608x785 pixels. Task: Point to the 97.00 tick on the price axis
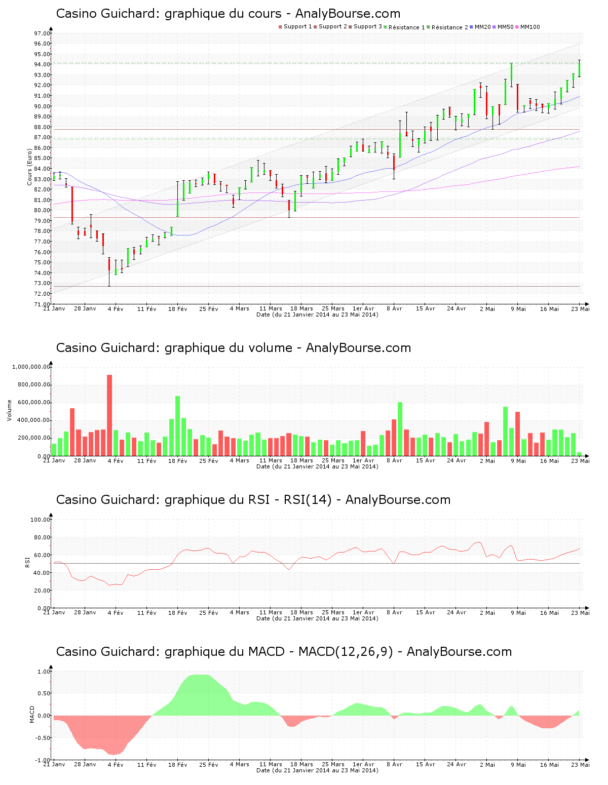[x=42, y=33]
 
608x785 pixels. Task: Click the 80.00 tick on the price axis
[x=42, y=210]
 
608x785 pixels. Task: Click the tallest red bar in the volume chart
[x=109, y=415]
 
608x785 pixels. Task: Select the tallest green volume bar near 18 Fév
[x=178, y=426]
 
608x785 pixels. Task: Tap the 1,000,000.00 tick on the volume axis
[x=31, y=367]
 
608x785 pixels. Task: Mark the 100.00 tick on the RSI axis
[x=40, y=520]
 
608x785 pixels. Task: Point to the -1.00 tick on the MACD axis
[x=44, y=760]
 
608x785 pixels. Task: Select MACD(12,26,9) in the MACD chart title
[x=346, y=652]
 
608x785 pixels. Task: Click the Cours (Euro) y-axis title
[x=30, y=166]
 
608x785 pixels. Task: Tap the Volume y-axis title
[x=9, y=410]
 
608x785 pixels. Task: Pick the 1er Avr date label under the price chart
[x=363, y=308]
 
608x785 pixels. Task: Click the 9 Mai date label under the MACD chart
[x=518, y=765]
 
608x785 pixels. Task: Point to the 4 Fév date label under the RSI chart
[x=116, y=613]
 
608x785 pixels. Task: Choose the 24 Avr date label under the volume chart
[x=457, y=461]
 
